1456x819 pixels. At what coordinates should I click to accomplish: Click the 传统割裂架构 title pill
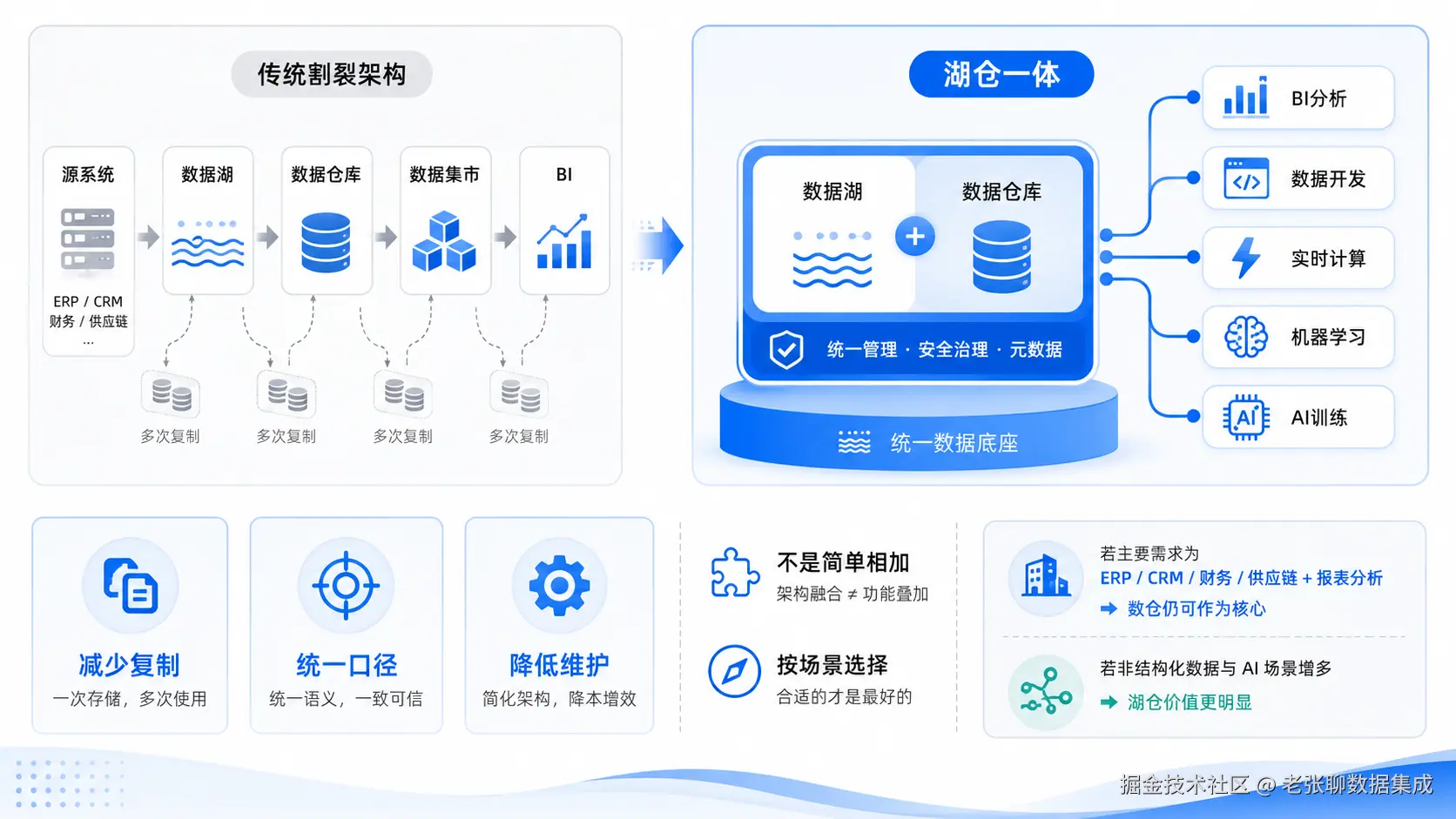[332, 74]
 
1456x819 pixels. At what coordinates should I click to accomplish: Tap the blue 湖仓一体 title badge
[1001, 74]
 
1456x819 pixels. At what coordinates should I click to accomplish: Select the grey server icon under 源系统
[88, 238]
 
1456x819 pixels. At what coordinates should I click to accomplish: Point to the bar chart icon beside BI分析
[1245, 97]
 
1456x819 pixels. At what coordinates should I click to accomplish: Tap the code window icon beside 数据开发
[1246, 178]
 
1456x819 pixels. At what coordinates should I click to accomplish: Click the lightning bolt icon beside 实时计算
[1245, 258]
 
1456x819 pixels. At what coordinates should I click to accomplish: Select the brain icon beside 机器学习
[1245, 337]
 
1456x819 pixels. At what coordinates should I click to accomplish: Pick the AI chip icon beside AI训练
[1245, 417]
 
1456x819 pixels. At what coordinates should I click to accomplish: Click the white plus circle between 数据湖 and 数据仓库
[914, 237]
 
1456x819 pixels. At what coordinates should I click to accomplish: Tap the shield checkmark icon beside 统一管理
[785, 349]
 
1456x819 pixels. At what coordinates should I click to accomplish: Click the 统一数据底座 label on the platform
[954, 443]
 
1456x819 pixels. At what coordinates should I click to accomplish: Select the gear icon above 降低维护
[559, 585]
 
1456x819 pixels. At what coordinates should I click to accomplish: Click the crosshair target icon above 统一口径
[346, 585]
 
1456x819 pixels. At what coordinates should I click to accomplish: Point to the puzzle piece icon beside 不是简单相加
[734, 572]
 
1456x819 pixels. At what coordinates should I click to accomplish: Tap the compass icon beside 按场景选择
[734, 671]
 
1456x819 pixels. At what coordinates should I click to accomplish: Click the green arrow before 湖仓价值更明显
[1109, 702]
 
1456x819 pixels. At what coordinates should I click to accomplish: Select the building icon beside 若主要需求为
[1045, 575]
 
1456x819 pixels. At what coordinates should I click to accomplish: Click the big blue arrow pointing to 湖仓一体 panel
[660, 245]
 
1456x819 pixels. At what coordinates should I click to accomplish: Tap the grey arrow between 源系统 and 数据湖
[149, 237]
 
